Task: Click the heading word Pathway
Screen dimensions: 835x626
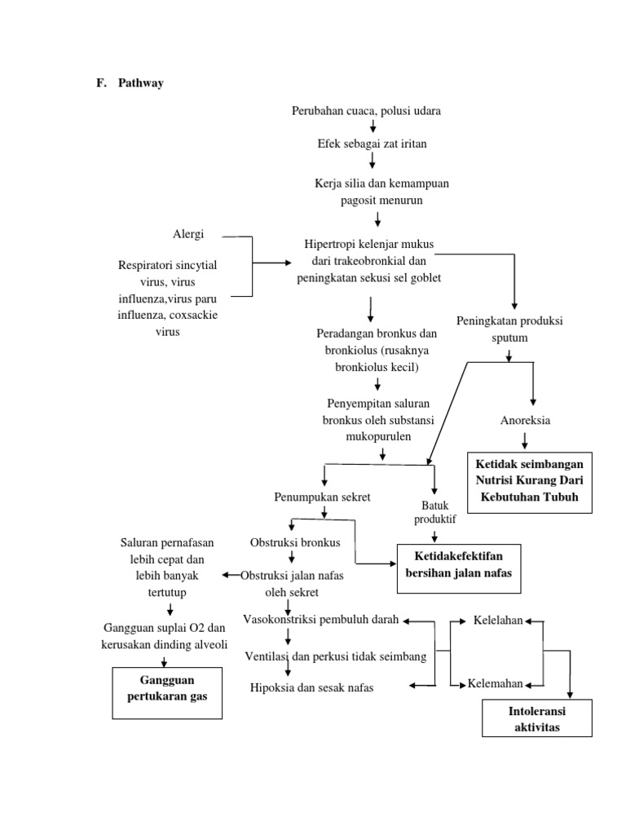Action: click(x=140, y=82)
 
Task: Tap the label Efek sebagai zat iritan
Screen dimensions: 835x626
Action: click(x=372, y=144)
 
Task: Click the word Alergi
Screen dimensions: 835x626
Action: click(x=187, y=234)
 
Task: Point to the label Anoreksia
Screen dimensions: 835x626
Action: click(x=525, y=421)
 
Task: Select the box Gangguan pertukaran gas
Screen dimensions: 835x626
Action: click(x=167, y=689)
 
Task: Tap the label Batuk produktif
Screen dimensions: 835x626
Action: click(x=435, y=512)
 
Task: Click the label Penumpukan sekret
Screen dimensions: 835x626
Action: click(x=324, y=497)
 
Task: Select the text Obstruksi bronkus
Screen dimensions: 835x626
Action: click(x=294, y=542)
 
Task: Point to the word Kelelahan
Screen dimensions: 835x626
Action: click(x=499, y=621)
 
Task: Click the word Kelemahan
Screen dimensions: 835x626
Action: click(x=495, y=683)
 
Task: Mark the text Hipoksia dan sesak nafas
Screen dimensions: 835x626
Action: click(x=312, y=687)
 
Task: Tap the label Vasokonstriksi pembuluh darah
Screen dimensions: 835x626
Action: click(x=320, y=620)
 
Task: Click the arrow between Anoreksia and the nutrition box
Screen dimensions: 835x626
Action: click(x=525, y=440)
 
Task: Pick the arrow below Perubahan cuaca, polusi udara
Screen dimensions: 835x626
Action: click(x=373, y=126)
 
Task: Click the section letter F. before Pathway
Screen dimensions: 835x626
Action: click(x=101, y=82)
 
